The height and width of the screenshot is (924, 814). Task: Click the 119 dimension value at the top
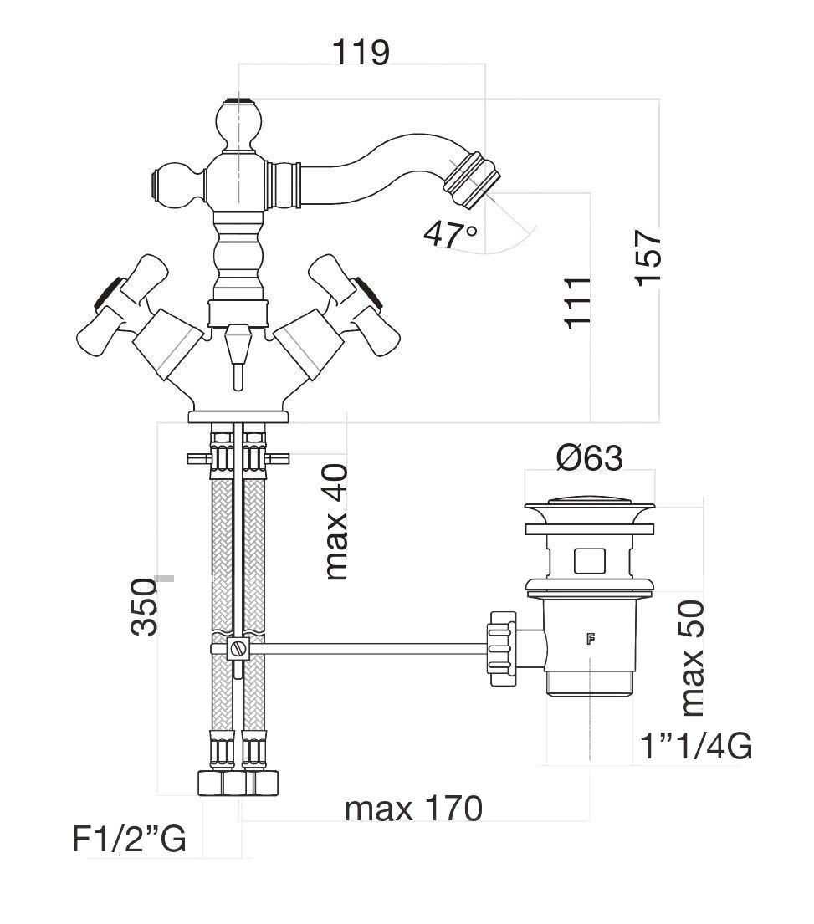coord(361,52)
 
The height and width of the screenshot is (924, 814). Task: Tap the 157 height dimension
coord(648,258)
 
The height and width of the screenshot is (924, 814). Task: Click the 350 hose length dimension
coord(144,606)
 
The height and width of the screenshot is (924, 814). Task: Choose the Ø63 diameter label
coord(589,458)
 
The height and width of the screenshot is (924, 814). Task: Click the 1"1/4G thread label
coord(695,745)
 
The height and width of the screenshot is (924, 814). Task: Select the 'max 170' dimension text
coord(413,809)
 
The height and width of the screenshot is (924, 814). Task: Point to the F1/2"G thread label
coord(129,840)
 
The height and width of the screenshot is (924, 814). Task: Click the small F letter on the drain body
coord(591,641)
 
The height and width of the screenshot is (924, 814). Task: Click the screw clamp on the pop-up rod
coord(238,648)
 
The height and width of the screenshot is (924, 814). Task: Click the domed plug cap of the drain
coord(589,504)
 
